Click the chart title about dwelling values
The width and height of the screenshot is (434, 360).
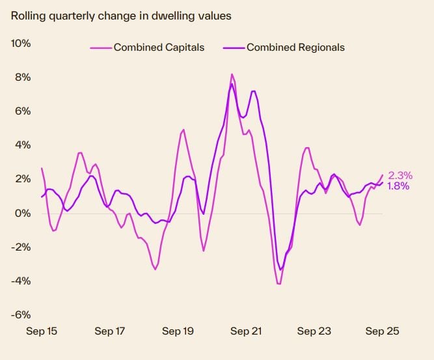click(120, 16)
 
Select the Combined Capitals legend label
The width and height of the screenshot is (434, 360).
click(159, 47)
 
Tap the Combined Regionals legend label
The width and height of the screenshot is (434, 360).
click(295, 47)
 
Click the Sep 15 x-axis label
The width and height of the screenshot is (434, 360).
click(42, 331)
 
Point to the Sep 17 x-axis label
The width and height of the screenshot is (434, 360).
click(110, 331)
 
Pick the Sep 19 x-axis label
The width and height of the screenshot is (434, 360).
click(178, 331)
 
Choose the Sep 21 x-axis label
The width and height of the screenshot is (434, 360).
click(246, 331)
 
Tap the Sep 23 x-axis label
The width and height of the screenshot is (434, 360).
click(314, 331)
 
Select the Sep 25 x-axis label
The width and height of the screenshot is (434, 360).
click(382, 331)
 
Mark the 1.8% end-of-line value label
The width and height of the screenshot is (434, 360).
click(398, 186)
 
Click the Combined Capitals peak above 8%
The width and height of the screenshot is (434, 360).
click(232, 74)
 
